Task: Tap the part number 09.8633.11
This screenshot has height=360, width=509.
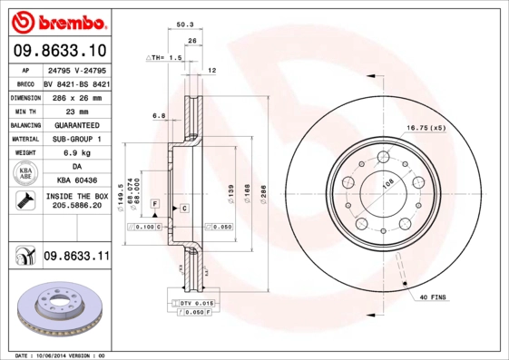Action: (x=76, y=258)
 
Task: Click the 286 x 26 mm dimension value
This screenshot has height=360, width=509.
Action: (x=76, y=96)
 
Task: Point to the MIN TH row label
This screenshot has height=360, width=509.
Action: (x=24, y=110)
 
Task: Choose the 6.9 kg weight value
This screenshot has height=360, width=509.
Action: (x=76, y=153)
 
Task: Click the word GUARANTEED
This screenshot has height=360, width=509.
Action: (x=76, y=124)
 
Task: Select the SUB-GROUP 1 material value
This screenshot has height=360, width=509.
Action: (x=76, y=139)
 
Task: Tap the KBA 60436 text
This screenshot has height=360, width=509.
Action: (x=76, y=180)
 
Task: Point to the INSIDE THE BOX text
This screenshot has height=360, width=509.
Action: (x=76, y=196)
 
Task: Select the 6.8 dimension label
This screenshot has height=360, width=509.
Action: (x=158, y=115)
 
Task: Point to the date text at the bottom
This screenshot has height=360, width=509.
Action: (x=62, y=355)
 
